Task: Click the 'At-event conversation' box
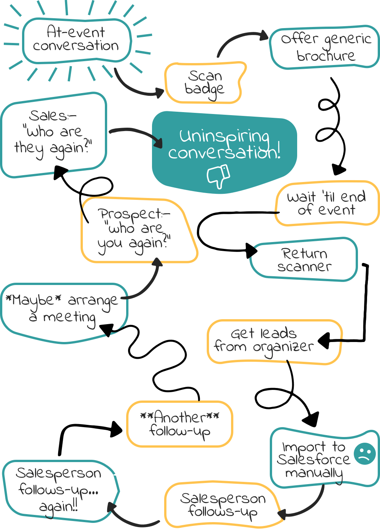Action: (x=76, y=40)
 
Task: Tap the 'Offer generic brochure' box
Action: (x=325, y=47)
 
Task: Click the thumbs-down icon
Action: (x=218, y=176)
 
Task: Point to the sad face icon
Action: (x=364, y=453)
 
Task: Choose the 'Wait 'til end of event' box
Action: (x=327, y=203)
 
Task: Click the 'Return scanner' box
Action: (x=304, y=260)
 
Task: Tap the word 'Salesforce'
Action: (x=313, y=459)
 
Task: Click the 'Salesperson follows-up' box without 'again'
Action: (x=222, y=505)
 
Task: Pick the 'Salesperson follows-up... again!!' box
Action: (x=59, y=490)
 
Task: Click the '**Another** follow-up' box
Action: (x=179, y=424)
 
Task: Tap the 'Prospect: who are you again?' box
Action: (x=135, y=230)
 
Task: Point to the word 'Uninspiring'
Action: (x=224, y=136)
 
